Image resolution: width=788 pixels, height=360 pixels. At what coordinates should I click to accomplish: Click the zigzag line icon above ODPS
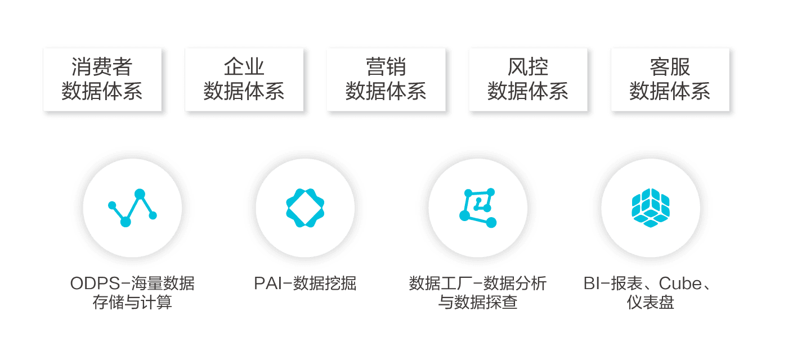(x=132, y=209)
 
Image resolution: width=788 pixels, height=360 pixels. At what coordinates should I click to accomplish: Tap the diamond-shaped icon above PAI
(x=306, y=209)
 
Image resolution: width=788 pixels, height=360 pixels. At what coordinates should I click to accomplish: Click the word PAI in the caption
(x=267, y=283)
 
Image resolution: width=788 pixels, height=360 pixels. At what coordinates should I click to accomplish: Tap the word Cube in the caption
(x=680, y=283)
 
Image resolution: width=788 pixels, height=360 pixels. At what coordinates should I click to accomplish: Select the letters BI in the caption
(x=592, y=283)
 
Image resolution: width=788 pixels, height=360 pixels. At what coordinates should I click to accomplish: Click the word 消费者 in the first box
(x=102, y=67)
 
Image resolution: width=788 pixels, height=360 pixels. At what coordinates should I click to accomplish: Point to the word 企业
(x=244, y=67)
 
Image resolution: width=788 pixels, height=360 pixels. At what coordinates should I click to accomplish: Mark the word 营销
(x=386, y=67)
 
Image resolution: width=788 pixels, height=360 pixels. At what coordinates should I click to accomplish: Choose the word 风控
(x=528, y=67)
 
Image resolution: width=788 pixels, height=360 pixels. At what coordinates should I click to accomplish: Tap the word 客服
(x=670, y=67)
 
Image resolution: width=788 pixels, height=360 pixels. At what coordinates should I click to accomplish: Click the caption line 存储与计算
(x=132, y=303)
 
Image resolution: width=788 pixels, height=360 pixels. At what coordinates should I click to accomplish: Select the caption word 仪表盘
(x=651, y=303)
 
